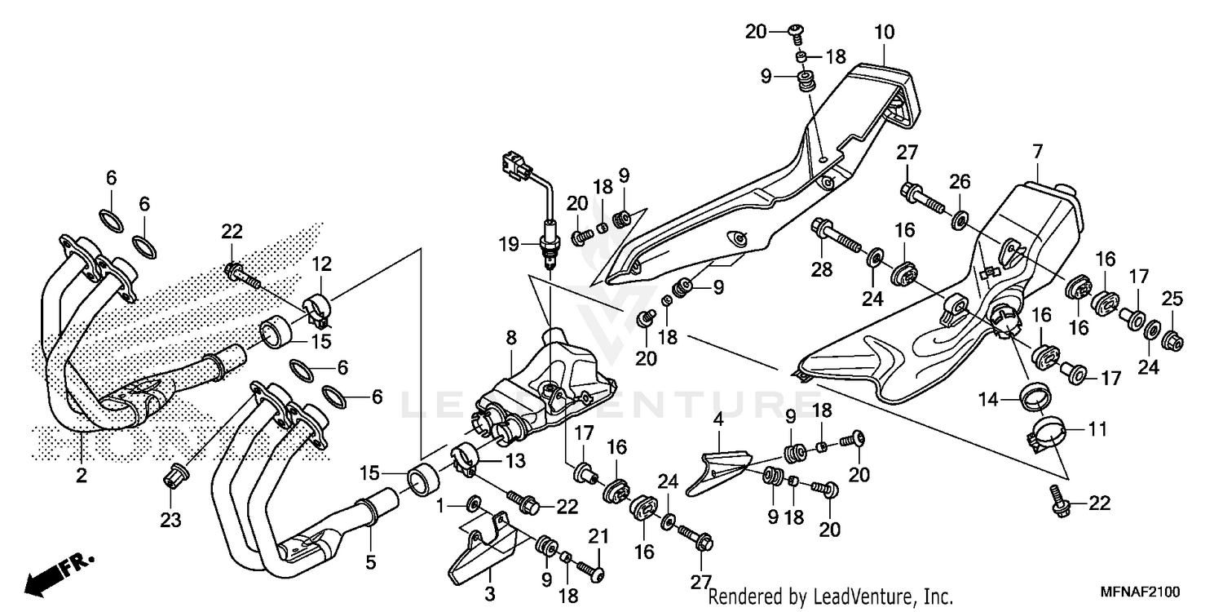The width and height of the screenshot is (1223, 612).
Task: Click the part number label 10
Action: (885, 33)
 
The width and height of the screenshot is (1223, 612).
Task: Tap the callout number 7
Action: (1037, 152)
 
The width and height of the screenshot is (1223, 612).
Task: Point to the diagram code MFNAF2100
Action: (1141, 592)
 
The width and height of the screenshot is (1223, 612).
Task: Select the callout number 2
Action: (82, 475)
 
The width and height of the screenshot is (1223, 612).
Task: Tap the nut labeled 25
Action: (1172, 339)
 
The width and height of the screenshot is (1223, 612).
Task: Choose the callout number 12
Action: (320, 264)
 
